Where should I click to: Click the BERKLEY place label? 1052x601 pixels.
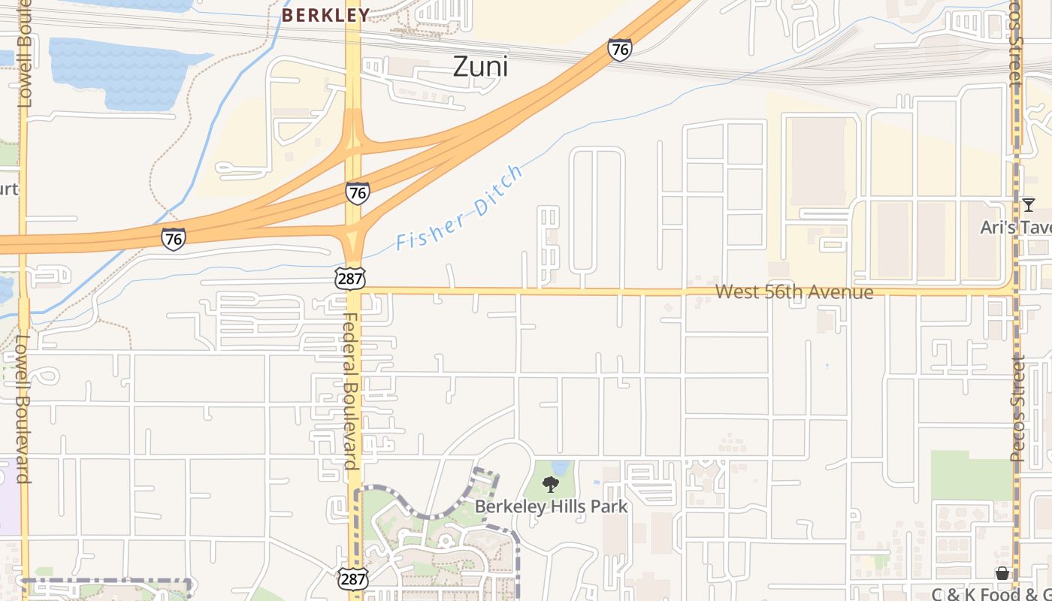(x=326, y=15)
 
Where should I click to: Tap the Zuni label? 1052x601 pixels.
(x=480, y=67)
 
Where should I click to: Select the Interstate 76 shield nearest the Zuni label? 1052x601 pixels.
(x=620, y=50)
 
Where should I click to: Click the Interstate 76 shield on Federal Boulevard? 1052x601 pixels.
(x=358, y=193)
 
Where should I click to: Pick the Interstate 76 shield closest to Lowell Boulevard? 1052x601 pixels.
(x=174, y=239)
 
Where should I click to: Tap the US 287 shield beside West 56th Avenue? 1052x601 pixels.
(x=352, y=279)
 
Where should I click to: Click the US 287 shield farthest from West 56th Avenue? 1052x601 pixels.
(x=352, y=578)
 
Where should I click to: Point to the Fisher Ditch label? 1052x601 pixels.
(x=459, y=209)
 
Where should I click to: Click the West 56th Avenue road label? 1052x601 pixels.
(x=794, y=291)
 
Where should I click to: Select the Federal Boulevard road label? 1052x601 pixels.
(x=352, y=391)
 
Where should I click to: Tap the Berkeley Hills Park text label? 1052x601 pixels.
(x=551, y=506)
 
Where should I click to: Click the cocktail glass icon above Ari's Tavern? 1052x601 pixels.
(x=1029, y=204)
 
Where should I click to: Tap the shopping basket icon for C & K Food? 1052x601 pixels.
(x=1002, y=574)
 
